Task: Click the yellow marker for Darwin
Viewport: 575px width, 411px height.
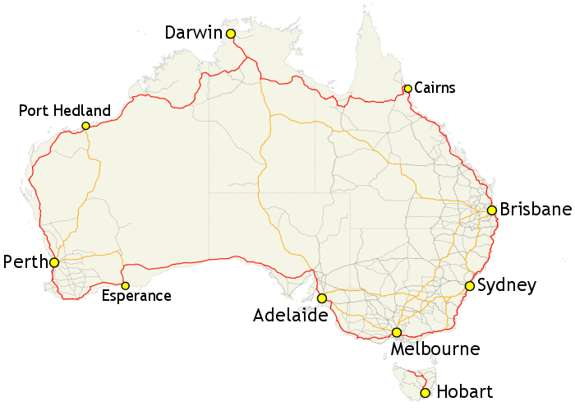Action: tap(231, 34)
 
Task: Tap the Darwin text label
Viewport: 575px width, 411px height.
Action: tap(194, 33)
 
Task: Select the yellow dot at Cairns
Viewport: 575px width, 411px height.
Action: tap(407, 89)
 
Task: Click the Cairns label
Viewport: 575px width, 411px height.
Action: tap(435, 87)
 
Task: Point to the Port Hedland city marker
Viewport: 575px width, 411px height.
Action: tap(85, 126)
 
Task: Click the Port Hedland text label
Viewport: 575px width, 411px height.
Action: tap(64, 111)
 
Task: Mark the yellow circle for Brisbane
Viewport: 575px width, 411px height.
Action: tap(491, 210)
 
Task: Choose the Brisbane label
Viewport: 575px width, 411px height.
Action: tap(535, 210)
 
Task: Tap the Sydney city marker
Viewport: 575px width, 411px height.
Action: tap(469, 286)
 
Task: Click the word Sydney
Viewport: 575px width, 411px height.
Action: tap(506, 286)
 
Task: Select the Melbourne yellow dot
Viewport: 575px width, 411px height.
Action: tap(397, 333)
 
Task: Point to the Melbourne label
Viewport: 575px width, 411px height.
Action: tap(435, 350)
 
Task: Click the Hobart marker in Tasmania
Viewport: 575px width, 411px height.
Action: tap(425, 393)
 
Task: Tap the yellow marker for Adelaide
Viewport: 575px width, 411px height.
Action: tap(322, 298)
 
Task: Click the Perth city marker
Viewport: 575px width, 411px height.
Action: tap(54, 262)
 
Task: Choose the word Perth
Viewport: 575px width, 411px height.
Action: tap(25, 262)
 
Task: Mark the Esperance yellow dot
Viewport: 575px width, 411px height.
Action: tap(125, 285)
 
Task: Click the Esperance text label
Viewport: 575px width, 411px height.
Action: tap(136, 297)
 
